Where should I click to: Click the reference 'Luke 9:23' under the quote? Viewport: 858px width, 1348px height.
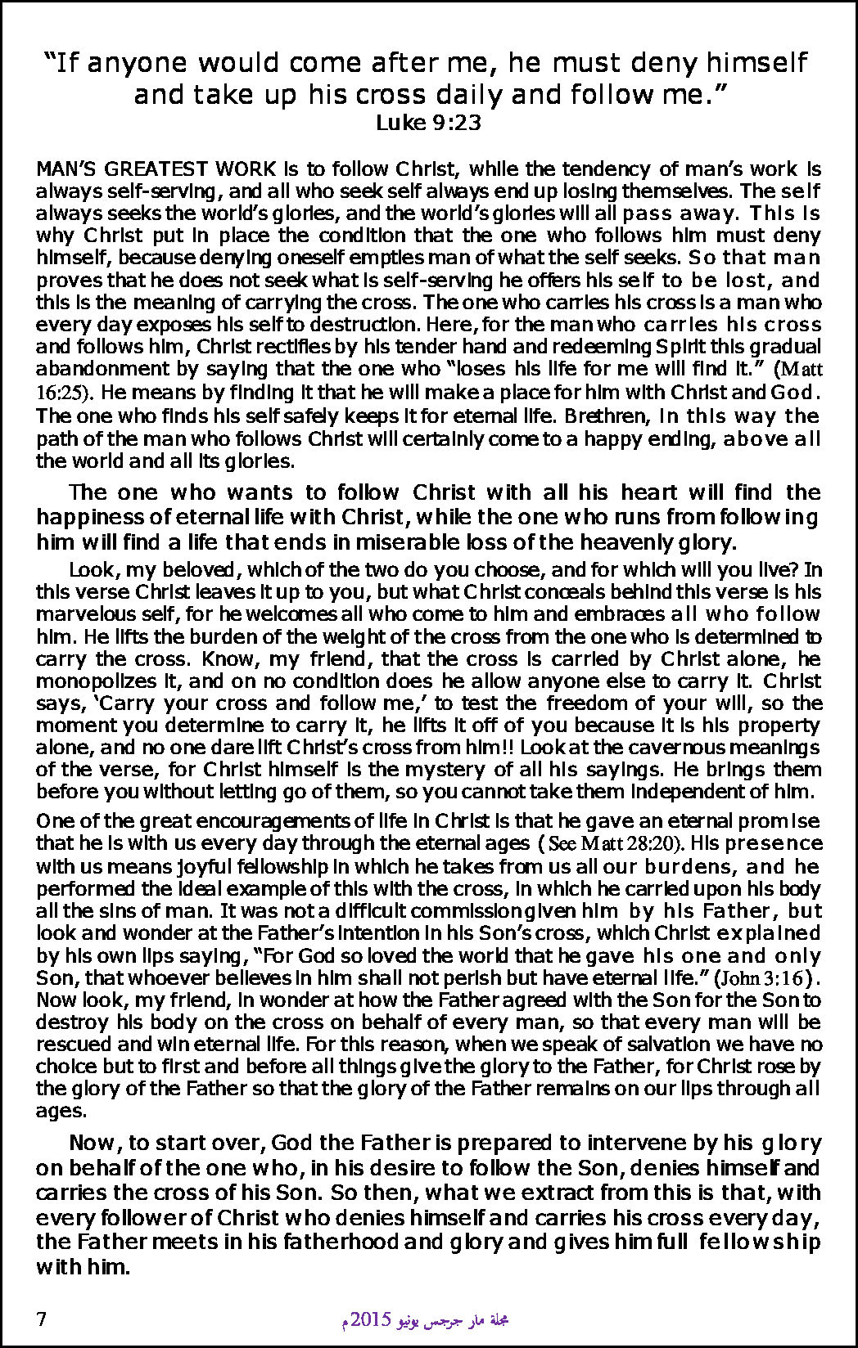coord(427,124)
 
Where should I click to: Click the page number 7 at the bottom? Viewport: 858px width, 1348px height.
coord(41,1319)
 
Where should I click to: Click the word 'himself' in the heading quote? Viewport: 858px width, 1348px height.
coord(757,63)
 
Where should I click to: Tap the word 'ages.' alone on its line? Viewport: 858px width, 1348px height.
coord(61,1112)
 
